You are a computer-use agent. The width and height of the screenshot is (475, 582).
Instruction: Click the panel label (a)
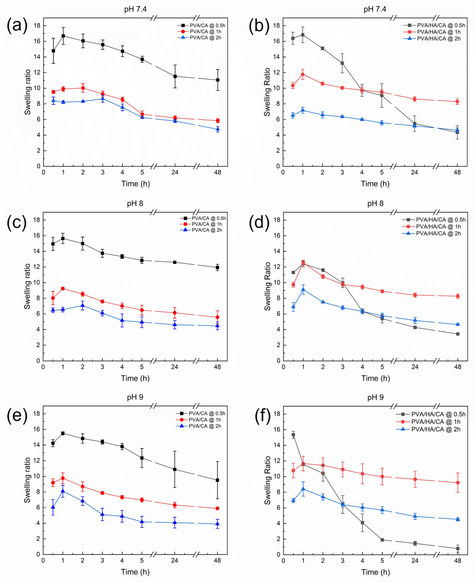tap(17, 26)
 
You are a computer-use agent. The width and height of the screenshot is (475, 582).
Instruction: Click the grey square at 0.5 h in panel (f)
tap(293, 435)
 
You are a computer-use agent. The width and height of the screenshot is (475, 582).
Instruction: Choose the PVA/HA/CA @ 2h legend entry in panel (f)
tap(436, 429)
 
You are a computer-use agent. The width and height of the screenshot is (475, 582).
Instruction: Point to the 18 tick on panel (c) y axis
tap(36, 220)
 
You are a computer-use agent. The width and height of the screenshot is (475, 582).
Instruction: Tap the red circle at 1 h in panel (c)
tap(63, 288)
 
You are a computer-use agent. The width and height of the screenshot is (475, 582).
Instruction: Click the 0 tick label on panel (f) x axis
tap(284, 561)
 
